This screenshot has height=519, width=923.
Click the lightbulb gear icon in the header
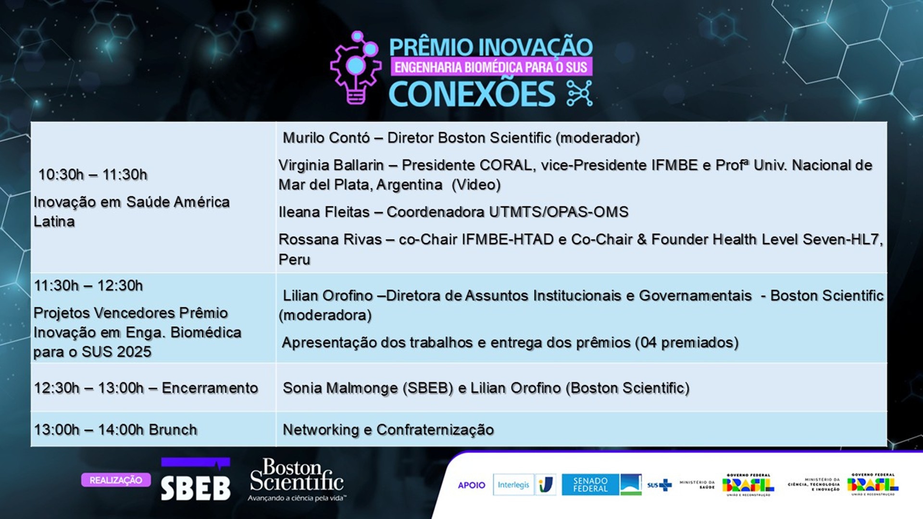356,68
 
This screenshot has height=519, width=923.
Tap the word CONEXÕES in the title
472,94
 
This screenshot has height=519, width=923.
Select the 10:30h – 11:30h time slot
93,174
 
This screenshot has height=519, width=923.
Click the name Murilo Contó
326,138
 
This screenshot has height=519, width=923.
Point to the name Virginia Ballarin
331,165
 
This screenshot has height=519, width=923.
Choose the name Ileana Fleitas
324,212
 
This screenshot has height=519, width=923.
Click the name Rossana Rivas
330,239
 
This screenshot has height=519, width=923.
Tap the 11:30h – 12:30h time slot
88,285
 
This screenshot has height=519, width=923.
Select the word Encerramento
210,388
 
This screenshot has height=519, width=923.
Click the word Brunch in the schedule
172,430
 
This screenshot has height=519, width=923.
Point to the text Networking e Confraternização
388,430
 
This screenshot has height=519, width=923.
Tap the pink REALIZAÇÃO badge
116,480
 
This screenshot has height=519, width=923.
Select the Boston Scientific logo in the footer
297,480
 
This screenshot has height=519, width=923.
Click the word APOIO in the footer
472,485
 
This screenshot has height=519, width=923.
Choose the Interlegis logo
513,485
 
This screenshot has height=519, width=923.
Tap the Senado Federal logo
590,484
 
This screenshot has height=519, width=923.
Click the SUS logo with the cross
659,485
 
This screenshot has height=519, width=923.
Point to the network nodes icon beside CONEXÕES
580,94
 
